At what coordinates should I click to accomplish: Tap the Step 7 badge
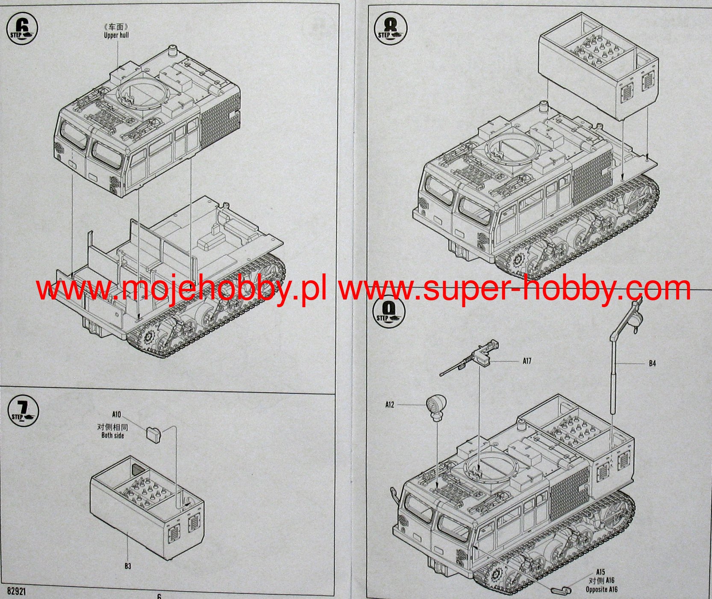pyautogui.click(x=24, y=412)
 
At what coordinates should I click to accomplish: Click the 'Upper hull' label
pyautogui.click(x=116, y=35)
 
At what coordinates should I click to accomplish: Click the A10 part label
pyautogui.click(x=117, y=414)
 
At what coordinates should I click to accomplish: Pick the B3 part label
pyautogui.click(x=128, y=566)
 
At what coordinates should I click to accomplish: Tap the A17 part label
pyautogui.click(x=527, y=361)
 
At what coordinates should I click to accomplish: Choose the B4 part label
pyautogui.click(x=652, y=364)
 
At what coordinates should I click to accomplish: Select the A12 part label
pyautogui.click(x=390, y=405)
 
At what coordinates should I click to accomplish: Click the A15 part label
pyautogui.click(x=600, y=572)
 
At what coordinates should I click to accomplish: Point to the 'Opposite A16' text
pyautogui.click(x=601, y=590)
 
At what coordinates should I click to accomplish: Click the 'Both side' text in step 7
pyautogui.click(x=113, y=435)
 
